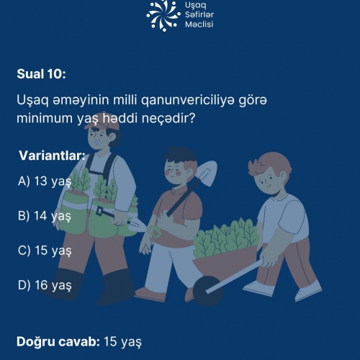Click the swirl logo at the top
tap(163, 16)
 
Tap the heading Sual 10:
tap(41, 73)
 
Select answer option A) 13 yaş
tap(45, 181)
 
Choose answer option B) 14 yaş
tap(45, 216)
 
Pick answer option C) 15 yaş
tap(45, 251)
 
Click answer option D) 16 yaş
tap(45, 285)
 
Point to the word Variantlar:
tap(52, 156)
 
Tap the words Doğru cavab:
tap(58, 341)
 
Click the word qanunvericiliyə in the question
tap(187, 100)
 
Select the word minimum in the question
tap(45, 118)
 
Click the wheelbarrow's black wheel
tap(208, 291)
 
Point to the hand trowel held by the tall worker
tap(121, 218)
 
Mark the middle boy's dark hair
tap(180, 156)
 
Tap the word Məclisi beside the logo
tap(199, 24)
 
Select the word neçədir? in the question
tap(168, 118)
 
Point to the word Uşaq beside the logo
tap(196, 6)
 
